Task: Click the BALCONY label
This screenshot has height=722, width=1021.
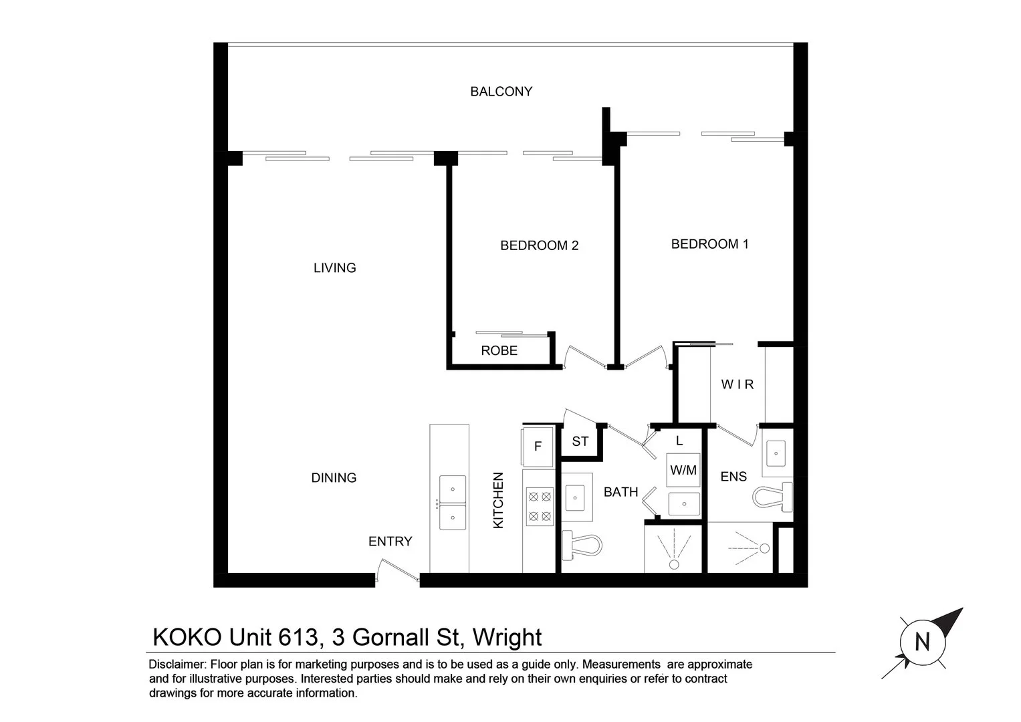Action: coord(501,92)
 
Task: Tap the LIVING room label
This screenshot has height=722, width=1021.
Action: coord(334,268)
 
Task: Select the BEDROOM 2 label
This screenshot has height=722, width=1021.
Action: coord(539,246)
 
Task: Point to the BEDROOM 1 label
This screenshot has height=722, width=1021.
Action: coord(709,245)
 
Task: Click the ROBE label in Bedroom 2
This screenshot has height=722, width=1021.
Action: coord(499,351)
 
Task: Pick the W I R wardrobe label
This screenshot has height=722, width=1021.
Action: coord(737,384)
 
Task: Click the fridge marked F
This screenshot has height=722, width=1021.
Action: coord(538,447)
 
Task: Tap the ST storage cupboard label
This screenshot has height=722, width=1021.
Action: coord(580,442)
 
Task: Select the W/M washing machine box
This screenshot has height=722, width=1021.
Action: coord(683,471)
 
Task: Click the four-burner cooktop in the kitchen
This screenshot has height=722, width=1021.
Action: coord(540,506)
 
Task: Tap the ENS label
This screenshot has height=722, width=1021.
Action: coord(733,477)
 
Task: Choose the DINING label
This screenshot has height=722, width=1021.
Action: coord(334,478)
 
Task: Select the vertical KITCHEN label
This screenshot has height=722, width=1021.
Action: coord(498,501)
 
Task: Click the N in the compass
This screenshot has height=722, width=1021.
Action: coord(922,643)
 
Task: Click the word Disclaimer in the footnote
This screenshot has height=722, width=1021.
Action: coord(177,665)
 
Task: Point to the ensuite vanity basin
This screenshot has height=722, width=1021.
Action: coord(776,453)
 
